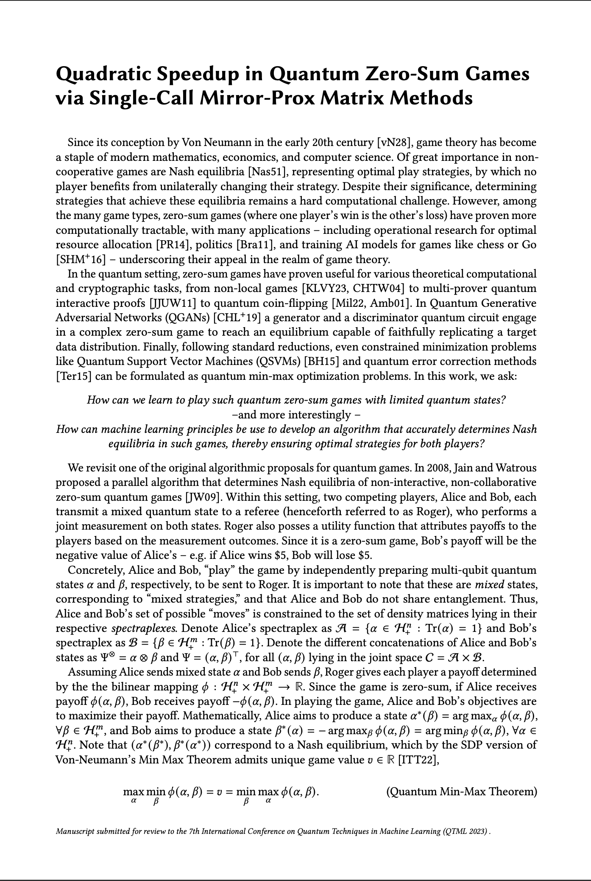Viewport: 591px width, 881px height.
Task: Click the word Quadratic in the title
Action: point(105,75)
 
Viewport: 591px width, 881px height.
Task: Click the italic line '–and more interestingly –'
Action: point(296,415)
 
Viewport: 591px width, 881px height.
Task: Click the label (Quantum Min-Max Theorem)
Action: point(461,792)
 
